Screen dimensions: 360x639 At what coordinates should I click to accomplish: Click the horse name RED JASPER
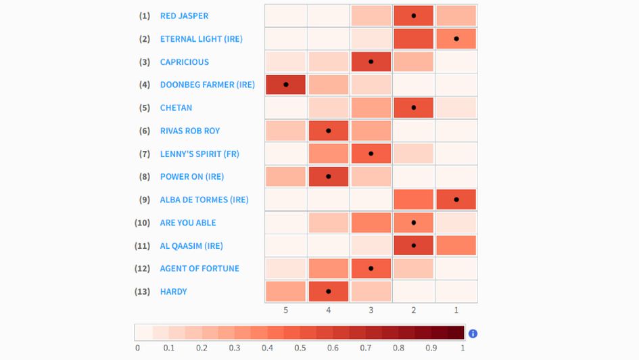coord(184,16)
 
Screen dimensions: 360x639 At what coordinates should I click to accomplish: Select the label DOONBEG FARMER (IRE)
coord(207,85)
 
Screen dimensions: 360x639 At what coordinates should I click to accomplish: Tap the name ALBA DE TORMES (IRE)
coord(204,200)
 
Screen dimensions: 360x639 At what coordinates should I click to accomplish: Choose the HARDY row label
coord(173,292)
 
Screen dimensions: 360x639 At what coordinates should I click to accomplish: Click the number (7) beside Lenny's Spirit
coord(145,154)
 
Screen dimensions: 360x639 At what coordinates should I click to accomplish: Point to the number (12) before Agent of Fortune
coord(142,269)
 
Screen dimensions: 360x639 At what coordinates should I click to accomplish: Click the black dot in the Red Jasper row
coord(413,16)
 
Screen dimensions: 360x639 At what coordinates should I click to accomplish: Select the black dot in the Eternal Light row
coord(456,39)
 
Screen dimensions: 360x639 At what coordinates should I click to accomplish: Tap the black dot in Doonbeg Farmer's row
coord(285,85)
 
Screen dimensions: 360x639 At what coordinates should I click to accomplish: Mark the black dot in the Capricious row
coord(371,62)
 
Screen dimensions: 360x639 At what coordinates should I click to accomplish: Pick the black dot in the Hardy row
coord(328,292)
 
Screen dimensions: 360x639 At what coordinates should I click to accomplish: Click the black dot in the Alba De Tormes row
coord(456,200)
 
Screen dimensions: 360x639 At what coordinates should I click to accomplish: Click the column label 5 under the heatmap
coord(285,310)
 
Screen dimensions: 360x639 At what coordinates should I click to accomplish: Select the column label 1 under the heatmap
coord(456,310)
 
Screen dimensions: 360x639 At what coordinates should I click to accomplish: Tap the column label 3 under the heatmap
coord(371,310)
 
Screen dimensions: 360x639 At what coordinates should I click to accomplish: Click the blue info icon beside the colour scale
coord(473,333)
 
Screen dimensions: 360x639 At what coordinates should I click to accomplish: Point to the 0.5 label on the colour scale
coord(300,348)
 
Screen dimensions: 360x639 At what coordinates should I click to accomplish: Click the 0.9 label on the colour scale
coord(431,348)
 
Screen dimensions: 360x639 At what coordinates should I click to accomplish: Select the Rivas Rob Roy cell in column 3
coord(371,131)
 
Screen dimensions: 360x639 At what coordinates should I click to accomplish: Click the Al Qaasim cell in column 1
coord(456,246)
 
